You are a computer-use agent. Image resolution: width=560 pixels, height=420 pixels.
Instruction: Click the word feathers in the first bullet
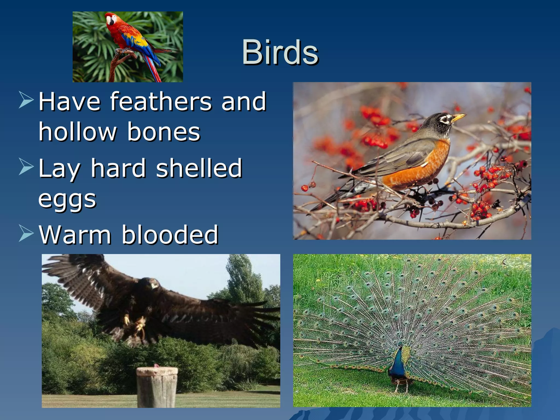tap(161, 102)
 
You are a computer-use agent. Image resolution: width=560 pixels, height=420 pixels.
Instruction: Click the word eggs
tap(67, 199)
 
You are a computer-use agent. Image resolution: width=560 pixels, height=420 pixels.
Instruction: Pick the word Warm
tap(75, 235)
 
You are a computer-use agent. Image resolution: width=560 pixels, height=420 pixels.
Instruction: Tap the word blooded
tap(170, 235)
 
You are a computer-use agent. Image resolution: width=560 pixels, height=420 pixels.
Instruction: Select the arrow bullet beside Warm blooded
tap(26, 233)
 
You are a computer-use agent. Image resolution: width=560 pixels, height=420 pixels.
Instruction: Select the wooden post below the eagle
tap(157, 387)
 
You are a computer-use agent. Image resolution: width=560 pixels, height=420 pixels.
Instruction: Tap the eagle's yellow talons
tap(134, 323)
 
